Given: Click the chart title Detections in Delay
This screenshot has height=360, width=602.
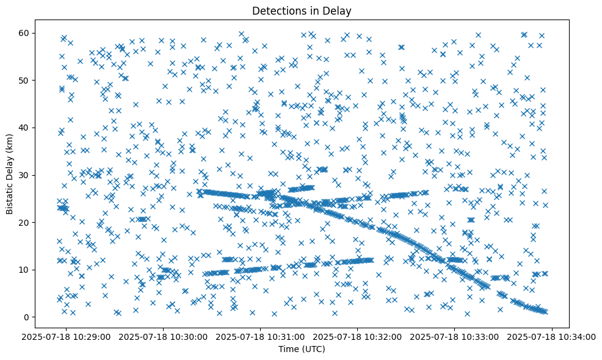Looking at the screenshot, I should click(x=302, y=10).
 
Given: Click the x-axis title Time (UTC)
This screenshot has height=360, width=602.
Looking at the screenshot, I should click(x=302, y=349).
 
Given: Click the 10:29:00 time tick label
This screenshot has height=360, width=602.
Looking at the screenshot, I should click(x=67, y=336).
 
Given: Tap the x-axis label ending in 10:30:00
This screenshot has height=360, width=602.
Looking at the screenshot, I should click(x=164, y=336).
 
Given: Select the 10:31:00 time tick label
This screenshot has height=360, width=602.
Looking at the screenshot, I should click(x=261, y=336).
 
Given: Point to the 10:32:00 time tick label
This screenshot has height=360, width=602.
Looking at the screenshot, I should click(x=358, y=336).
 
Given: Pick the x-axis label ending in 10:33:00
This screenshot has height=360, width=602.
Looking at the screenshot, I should click(x=455, y=336).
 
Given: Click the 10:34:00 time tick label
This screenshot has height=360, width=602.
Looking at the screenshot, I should click(x=551, y=336).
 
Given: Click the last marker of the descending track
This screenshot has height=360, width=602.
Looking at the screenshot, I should click(x=545, y=312).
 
